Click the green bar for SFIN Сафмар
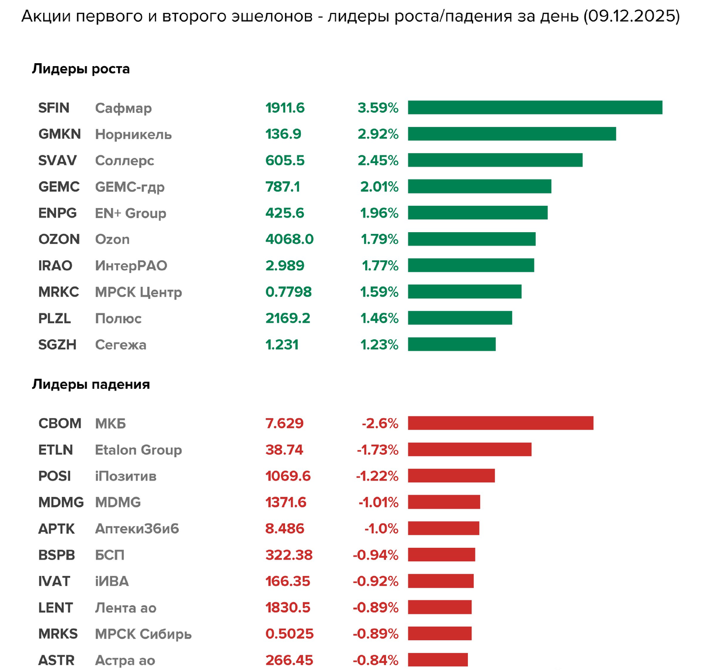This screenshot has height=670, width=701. (535, 108)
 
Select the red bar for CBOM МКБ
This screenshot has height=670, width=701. (501, 423)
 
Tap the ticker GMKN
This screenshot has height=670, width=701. (60, 134)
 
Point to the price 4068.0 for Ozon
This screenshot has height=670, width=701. (289, 239)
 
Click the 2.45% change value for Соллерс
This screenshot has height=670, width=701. (378, 160)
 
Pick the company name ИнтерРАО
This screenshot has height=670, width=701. (131, 265)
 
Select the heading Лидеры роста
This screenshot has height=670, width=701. (81, 69)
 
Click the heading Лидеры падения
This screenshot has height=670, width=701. (91, 385)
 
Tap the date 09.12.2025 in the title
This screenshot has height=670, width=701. (631, 16)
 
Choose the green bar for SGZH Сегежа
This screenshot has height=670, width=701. (452, 344)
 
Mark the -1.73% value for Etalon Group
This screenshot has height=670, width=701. (377, 450)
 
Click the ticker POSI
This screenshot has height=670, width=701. (54, 476)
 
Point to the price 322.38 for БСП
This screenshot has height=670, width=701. (289, 555)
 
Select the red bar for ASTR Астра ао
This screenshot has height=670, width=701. (438, 660)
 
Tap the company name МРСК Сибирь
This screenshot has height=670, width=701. (143, 634)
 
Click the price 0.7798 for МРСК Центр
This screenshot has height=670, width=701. (289, 292)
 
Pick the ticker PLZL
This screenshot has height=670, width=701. (54, 318)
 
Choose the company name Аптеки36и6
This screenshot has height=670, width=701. (137, 529)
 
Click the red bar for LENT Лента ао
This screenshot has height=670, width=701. (440, 607)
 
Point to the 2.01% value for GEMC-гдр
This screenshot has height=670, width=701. (379, 187)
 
